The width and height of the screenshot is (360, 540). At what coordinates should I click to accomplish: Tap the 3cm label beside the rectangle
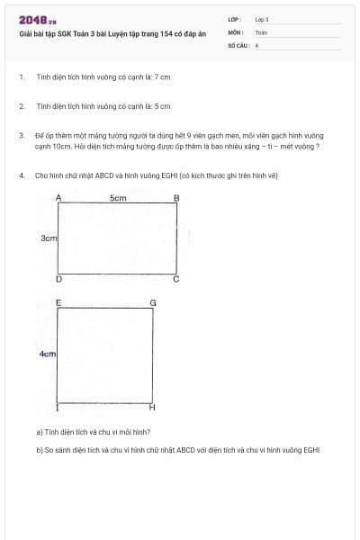tap(49, 238)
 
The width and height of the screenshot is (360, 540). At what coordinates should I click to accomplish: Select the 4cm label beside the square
tap(48, 355)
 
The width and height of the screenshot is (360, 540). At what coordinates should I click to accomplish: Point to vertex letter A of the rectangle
tap(58, 197)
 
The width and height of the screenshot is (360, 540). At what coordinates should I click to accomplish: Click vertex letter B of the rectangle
tap(176, 197)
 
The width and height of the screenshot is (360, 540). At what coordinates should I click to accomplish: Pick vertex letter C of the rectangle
tap(176, 280)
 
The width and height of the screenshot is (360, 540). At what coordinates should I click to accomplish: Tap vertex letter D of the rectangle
tap(58, 280)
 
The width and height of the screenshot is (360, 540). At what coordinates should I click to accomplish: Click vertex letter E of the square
tap(58, 303)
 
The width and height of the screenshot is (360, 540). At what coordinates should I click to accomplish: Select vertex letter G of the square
tap(152, 303)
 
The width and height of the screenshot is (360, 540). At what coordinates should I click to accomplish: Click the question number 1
tap(21, 77)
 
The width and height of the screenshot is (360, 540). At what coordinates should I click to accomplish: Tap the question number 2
tap(21, 106)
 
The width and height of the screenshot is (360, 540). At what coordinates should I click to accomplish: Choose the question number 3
tap(21, 135)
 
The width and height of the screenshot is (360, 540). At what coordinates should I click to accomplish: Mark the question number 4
tap(21, 175)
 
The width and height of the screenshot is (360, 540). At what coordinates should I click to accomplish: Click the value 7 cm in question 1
tap(162, 77)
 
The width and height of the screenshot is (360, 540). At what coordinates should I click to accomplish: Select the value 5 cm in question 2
tap(162, 106)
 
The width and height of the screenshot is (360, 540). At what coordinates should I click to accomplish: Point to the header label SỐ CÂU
tap(238, 43)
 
